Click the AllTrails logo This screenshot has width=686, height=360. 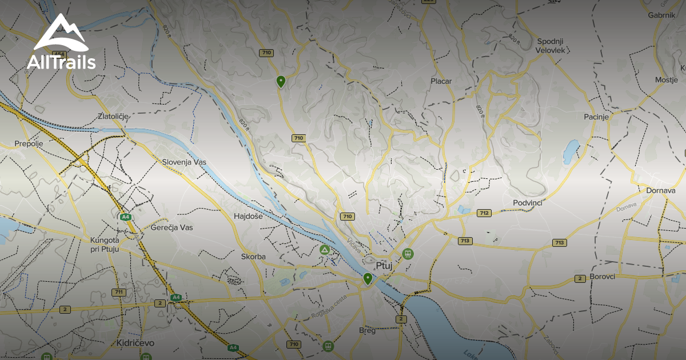(x=61, y=43)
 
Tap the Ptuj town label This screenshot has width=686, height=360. (x=385, y=266)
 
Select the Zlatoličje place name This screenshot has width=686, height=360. (x=113, y=116)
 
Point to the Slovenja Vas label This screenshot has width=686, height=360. (x=184, y=162)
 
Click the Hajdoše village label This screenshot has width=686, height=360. (x=248, y=217)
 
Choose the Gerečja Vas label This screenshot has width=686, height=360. (x=171, y=227)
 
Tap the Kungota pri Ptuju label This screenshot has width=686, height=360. (x=110, y=245)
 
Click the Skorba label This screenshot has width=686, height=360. (x=253, y=257)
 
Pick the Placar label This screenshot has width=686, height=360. (x=441, y=81)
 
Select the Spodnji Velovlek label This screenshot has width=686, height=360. (x=551, y=46)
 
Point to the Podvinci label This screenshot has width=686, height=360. (x=527, y=203)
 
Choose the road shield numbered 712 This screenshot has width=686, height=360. (x=484, y=213)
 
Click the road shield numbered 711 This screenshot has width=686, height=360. (x=119, y=292)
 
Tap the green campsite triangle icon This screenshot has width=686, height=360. (x=325, y=250)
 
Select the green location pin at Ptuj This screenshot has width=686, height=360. (x=368, y=279)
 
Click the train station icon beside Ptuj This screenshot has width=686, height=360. (x=408, y=254)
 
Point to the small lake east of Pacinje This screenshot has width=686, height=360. (x=571, y=151)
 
